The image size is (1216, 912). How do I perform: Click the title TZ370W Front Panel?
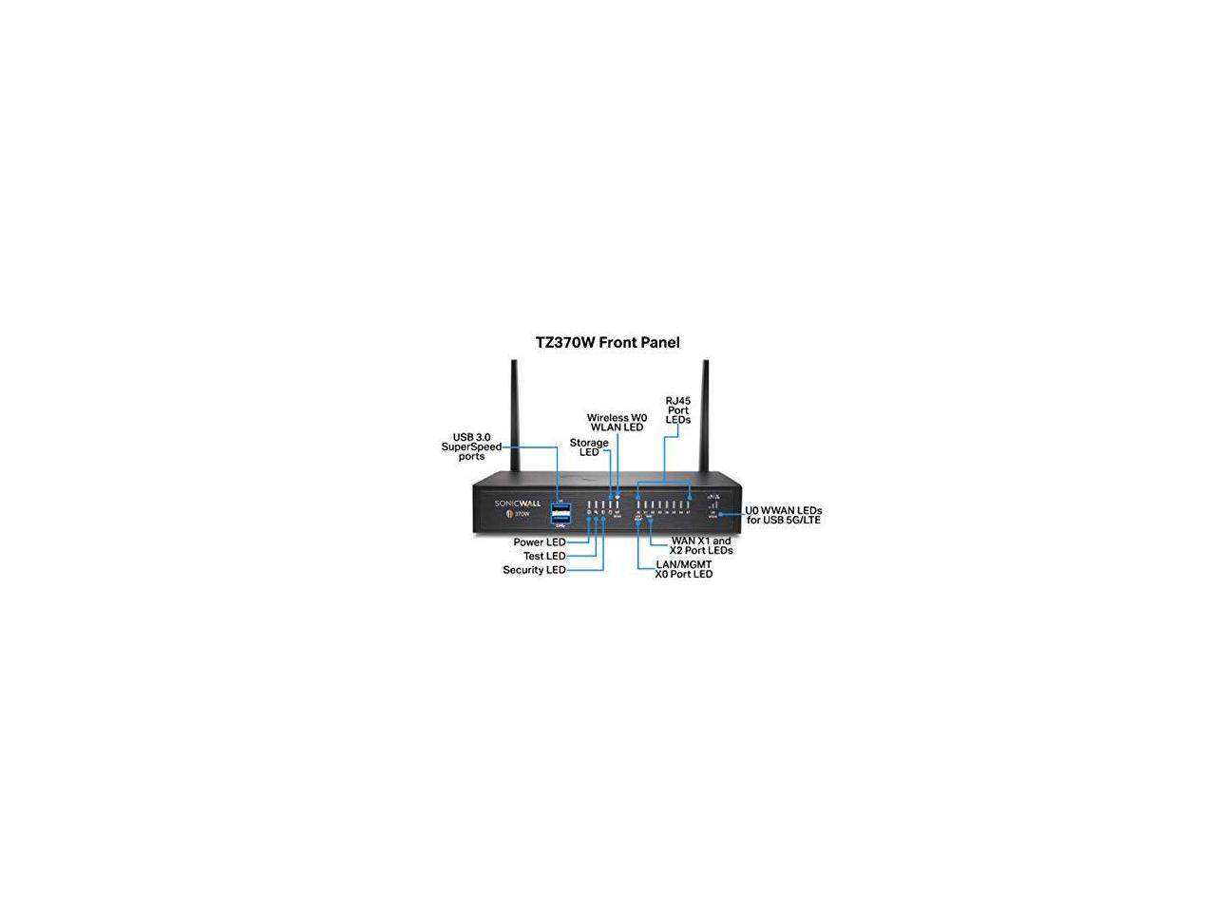pos(608,342)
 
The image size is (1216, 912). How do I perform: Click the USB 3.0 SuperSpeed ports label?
pos(471,446)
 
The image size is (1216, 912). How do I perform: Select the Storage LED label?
pos(589,447)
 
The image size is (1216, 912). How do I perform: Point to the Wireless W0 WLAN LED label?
pos(617,423)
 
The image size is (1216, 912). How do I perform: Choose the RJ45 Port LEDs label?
pos(678,410)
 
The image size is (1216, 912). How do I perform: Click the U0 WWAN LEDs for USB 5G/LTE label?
pos(784,515)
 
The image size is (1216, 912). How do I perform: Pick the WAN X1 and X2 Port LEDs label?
pos(701,545)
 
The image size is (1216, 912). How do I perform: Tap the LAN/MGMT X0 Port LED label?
pos(684,569)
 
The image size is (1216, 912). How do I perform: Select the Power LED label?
pos(540,542)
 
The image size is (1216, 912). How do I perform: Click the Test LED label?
pos(544,556)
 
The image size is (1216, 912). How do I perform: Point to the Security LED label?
pos(534,570)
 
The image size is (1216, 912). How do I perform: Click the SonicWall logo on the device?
pos(513,503)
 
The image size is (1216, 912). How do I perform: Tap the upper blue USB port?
pos(559,504)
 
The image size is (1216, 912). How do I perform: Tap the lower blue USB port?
pos(559,517)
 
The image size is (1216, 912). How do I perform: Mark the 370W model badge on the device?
pos(519,514)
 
